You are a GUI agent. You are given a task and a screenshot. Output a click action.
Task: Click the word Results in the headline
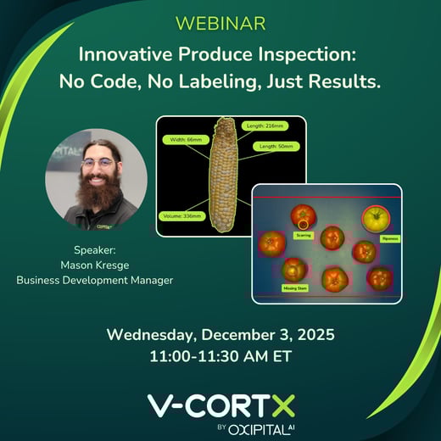point(338,82)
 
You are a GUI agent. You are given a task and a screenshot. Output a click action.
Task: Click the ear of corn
point(225,176)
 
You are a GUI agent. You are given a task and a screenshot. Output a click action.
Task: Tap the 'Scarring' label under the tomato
point(302,234)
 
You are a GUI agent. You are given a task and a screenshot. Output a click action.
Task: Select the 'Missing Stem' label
point(294,287)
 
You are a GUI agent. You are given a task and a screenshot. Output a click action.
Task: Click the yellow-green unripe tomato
point(376,219)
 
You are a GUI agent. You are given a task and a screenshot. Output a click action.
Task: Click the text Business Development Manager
point(95,279)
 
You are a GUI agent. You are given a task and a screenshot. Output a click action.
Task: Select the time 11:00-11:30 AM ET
point(220,357)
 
